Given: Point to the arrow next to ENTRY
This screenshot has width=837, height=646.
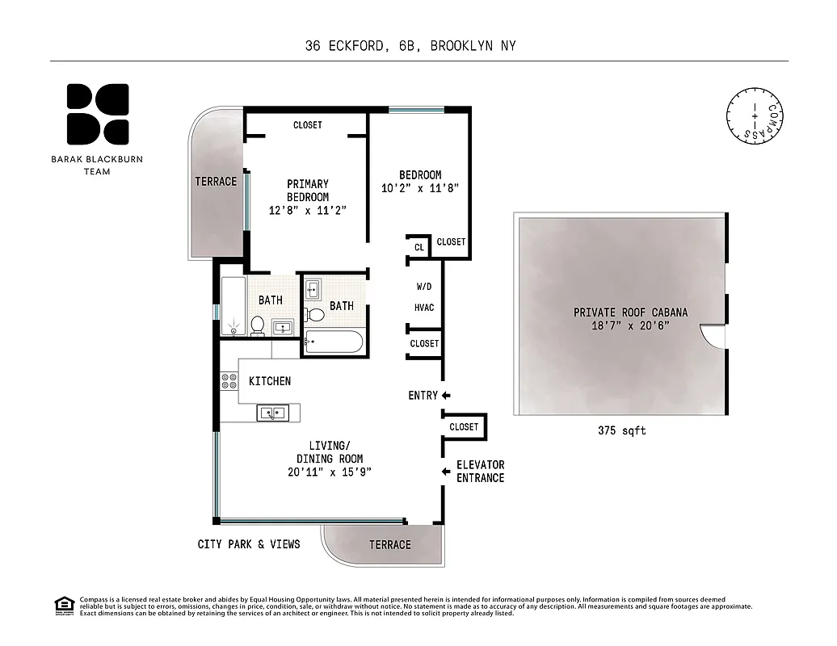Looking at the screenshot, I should (445, 395).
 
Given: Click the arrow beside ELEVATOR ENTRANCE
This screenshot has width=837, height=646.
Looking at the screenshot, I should (445, 472).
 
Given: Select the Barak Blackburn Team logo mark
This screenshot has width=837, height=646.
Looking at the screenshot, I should (97, 113).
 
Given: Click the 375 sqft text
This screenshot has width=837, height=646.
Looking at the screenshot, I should (621, 431).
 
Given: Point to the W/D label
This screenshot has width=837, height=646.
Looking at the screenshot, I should (424, 287).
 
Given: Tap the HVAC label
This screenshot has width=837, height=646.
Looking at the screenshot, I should (424, 308).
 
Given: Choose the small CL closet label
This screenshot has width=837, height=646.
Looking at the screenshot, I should (419, 248).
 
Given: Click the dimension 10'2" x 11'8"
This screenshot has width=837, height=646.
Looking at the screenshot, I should (420, 188).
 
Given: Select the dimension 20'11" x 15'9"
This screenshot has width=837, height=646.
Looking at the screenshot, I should (330, 472).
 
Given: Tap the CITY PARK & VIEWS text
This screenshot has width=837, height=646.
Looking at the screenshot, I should (249, 544).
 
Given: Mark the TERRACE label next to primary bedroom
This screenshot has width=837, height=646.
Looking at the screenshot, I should (216, 182).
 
